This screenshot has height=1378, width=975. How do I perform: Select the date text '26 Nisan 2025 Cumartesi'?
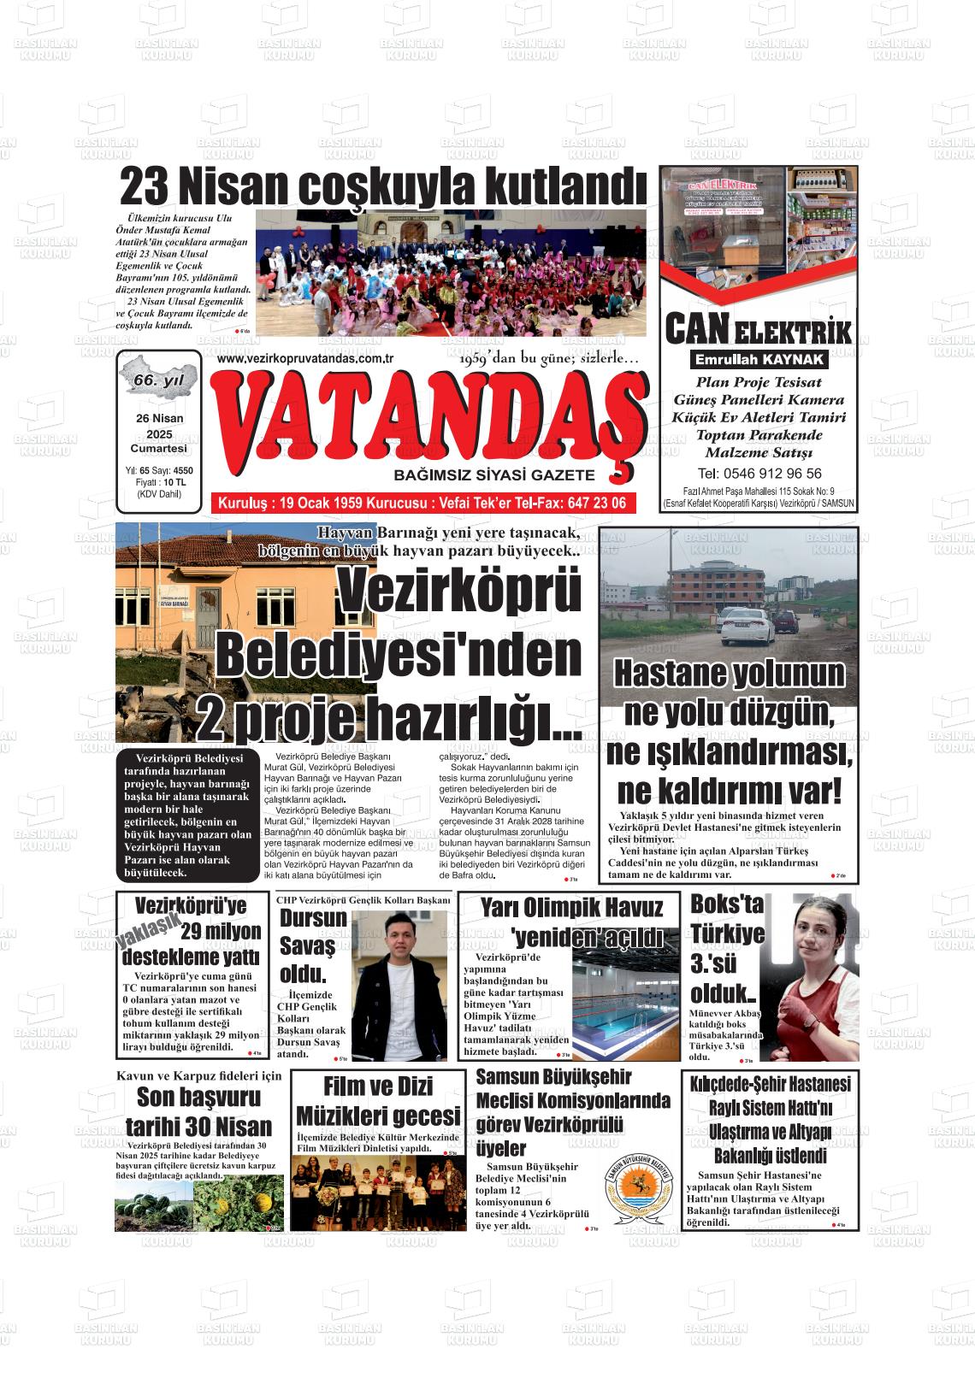[158, 433]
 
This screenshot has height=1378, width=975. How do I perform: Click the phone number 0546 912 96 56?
[759, 474]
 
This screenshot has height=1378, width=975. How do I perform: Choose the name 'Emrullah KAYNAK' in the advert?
[759, 360]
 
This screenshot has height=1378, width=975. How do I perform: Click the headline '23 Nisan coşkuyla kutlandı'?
[382, 185]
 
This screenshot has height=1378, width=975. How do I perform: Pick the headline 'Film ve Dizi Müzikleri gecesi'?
[377, 1101]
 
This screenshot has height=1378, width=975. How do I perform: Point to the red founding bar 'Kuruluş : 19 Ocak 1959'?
[422, 503]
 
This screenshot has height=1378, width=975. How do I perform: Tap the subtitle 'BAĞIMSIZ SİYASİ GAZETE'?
[493, 474]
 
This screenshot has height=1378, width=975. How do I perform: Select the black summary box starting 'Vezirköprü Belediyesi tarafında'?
[186, 816]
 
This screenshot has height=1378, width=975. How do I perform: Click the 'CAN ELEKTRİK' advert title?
[758, 330]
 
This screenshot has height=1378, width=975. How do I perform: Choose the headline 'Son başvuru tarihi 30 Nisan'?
[198, 1111]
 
